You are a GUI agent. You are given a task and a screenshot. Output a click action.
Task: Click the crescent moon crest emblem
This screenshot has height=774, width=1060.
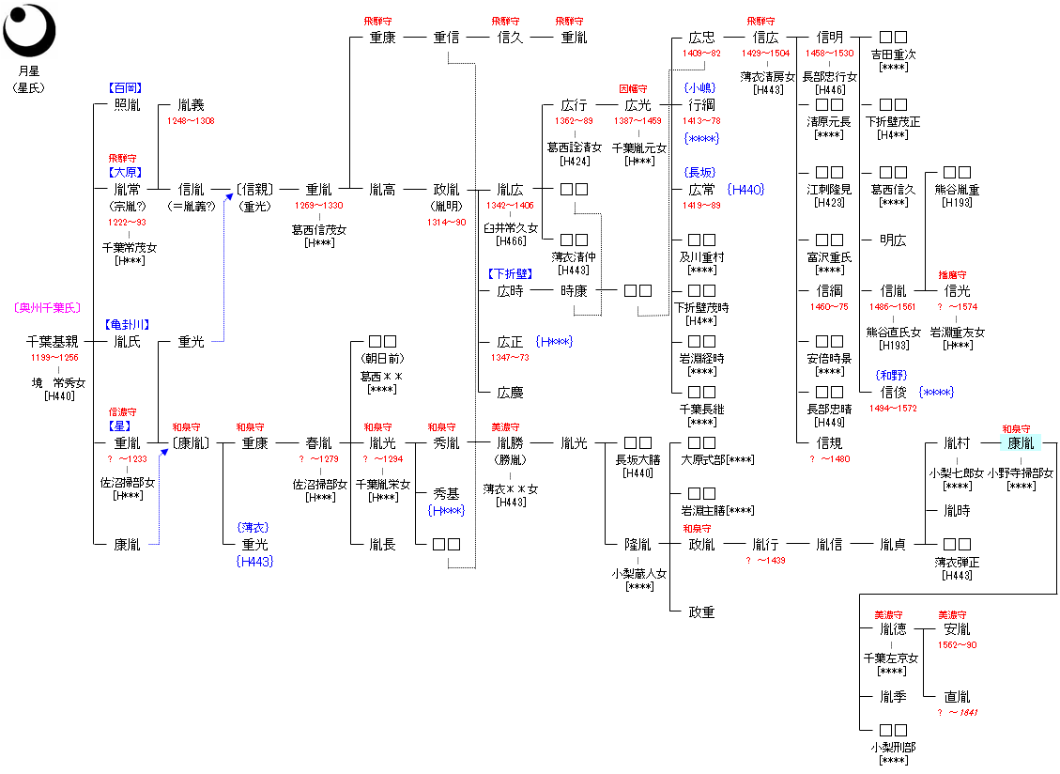[29, 30]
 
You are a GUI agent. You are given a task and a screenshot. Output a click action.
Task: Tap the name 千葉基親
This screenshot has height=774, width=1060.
[53, 342]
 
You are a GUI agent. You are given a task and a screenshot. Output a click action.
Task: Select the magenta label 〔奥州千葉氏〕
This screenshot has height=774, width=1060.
[48, 308]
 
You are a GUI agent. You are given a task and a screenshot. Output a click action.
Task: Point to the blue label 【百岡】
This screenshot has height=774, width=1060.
[127, 88]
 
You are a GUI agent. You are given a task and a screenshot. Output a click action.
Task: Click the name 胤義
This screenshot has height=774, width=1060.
[191, 105]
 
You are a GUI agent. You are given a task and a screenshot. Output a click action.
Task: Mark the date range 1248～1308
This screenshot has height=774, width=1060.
[191, 121]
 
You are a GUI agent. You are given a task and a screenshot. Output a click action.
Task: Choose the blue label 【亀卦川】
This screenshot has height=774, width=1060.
[127, 324]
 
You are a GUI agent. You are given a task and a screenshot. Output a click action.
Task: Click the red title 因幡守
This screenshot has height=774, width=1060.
[634, 88]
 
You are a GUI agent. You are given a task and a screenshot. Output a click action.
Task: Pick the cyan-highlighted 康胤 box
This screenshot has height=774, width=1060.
[1020, 443]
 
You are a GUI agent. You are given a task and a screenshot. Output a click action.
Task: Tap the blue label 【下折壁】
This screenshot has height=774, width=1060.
[510, 274]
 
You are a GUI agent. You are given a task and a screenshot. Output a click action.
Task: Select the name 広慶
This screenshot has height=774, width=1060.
[510, 393]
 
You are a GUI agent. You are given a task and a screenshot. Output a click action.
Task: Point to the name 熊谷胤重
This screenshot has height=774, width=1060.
[957, 190]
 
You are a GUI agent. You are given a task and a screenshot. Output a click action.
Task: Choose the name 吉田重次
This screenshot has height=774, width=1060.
[893, 54]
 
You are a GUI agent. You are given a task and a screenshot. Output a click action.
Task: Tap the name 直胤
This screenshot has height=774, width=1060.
[957, 697]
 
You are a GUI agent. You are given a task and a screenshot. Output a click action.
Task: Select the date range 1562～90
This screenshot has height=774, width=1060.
[957, 645]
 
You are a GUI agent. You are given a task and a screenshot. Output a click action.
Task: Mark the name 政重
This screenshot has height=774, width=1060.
[701, 612]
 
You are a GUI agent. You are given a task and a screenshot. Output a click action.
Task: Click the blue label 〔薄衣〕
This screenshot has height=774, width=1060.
[254, 528]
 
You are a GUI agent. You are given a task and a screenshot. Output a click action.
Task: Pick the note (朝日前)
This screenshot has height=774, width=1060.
[382, 359]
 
